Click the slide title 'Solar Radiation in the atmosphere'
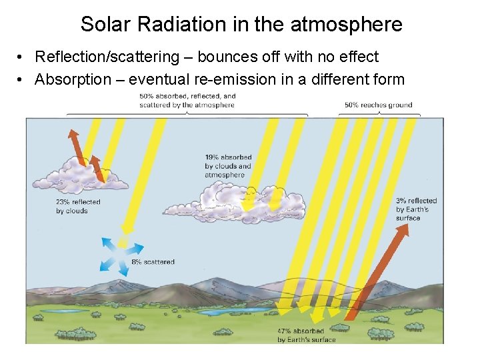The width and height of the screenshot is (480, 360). [x=241, y=25]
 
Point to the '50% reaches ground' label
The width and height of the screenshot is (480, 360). [x=378, y=105]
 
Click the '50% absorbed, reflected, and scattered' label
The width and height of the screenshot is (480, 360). [x=187, y=101]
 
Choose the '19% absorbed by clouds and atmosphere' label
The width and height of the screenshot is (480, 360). [x=228, y=167]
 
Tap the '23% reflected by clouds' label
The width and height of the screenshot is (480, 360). [x=78, y=207]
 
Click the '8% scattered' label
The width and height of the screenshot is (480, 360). [x=153, y=262]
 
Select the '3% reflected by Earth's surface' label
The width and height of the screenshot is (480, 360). [x=416, y=209]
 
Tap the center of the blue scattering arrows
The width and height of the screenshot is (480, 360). [x=122, y=253]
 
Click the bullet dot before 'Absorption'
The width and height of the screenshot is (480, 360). [x=22, y=80]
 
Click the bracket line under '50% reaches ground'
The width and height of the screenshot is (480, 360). [x=378, y=113]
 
